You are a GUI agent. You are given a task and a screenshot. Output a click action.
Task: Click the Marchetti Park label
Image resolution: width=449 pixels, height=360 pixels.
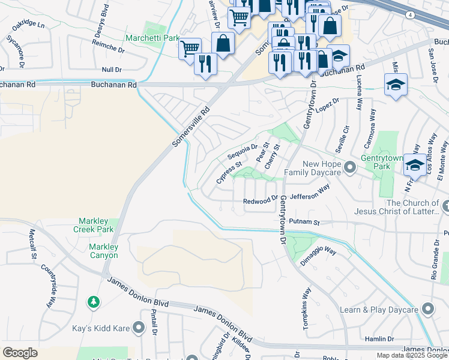pos(152,38)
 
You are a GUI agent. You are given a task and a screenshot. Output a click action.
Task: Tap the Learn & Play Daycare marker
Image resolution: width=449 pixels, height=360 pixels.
pos(427,309)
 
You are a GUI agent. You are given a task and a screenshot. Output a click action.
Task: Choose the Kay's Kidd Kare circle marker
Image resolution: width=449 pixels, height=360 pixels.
pos(139,327)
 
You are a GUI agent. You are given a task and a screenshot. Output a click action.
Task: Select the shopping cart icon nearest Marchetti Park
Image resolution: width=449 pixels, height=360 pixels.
pos(190,48)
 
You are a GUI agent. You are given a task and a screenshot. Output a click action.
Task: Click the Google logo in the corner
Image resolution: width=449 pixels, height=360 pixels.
pos(20,353)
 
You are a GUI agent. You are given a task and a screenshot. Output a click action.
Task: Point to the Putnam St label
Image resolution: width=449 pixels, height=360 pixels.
pos(316,222)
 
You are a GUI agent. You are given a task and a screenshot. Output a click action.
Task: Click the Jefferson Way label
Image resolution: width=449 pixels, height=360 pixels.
pos(310,192)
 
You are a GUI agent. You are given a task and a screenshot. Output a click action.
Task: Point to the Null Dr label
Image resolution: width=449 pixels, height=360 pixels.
pos(112,70)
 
